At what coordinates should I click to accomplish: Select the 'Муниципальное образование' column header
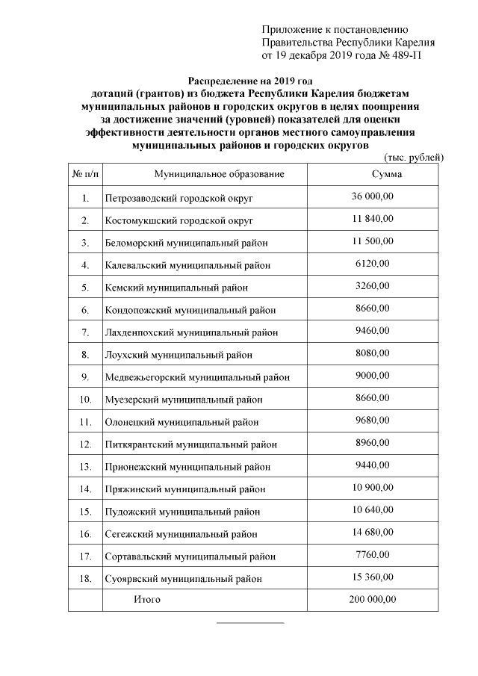[x=220, y=174]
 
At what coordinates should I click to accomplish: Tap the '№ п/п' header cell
[x=85, y=174]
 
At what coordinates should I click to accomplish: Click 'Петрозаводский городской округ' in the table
[x=179, y=199]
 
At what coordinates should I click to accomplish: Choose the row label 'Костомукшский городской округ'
[x=179, y=221]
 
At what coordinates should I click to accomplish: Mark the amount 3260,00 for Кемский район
[x=372, y=285]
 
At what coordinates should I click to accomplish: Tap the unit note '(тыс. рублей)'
[x=414, y=157]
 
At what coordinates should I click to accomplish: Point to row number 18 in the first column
[x=85, y=578]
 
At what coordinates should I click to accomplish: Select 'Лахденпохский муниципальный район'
[x=191, y=332]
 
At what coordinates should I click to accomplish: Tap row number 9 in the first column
[x=85, y=377]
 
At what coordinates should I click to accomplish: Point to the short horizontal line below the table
[x=250, y=621]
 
